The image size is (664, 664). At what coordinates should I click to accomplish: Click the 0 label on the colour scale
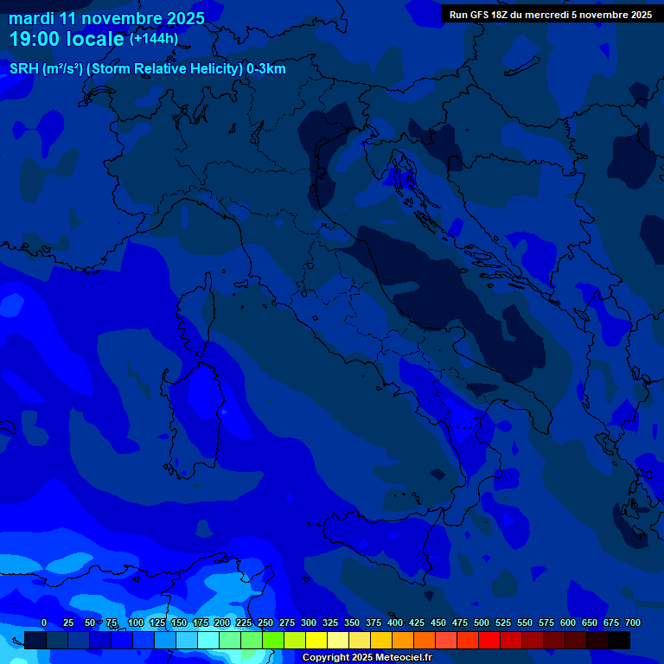(44, 622)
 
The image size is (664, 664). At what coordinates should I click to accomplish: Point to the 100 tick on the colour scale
(136, 622)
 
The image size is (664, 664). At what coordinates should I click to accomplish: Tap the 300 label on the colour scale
(309, 622)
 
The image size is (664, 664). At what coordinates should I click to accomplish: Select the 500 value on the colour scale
(482, 622)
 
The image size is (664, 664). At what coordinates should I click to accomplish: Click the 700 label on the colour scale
(632, 622)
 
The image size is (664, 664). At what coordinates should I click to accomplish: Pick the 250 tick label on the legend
(265, 622)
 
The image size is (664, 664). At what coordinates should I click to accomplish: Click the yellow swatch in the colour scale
(316, 640)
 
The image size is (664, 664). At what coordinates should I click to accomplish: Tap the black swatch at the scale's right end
(619, 640)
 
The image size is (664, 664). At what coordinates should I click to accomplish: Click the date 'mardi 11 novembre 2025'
(107, 18)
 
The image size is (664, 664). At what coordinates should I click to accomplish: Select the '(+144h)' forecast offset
(153, 39)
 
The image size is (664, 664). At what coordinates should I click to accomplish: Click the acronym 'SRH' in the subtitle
(24, 69)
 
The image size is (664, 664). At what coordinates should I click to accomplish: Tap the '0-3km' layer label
(266, 69)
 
